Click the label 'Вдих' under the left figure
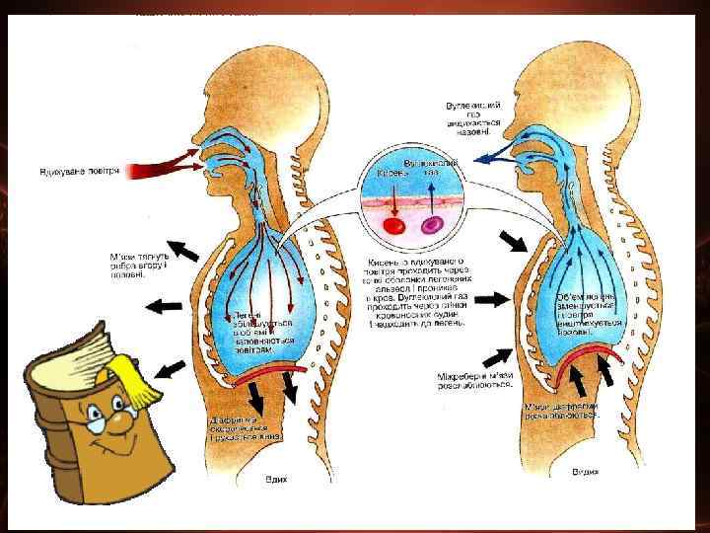point(277,479)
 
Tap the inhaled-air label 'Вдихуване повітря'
point(79,171)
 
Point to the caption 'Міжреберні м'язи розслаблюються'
point(475,379)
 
